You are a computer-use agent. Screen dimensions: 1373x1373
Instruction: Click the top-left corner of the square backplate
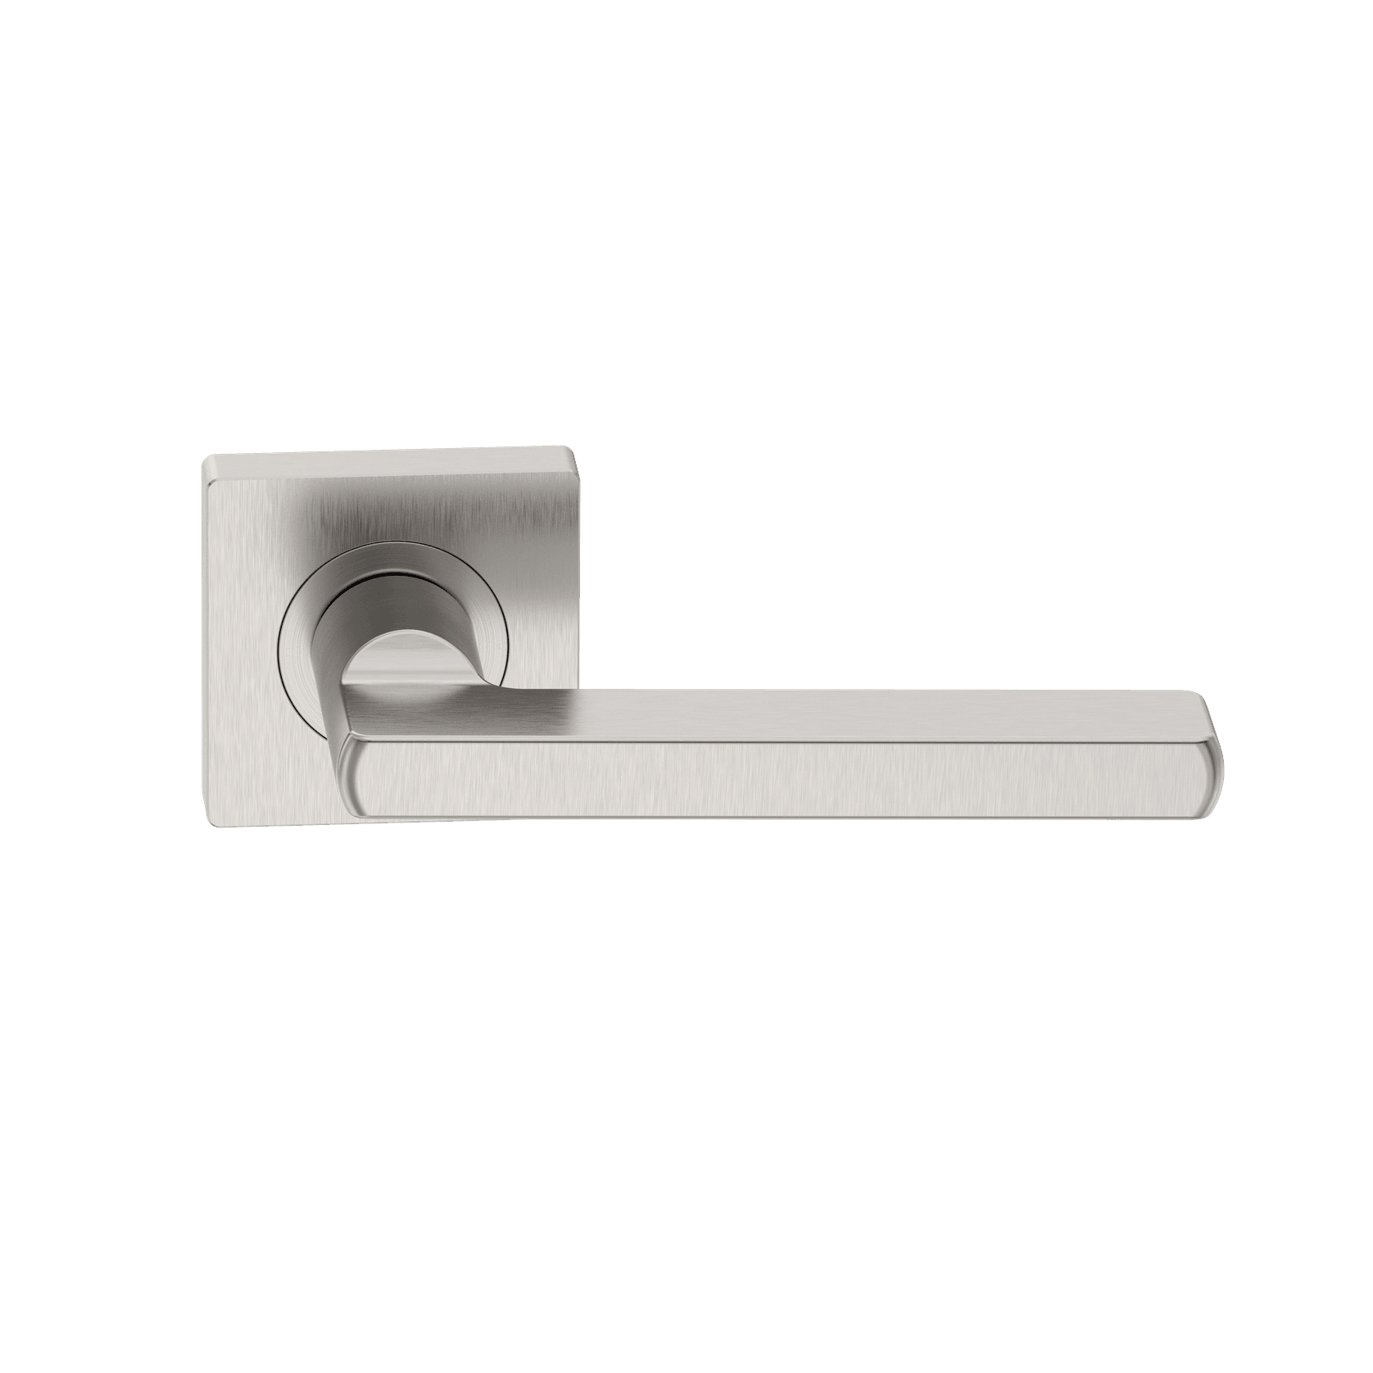point(206,460)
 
